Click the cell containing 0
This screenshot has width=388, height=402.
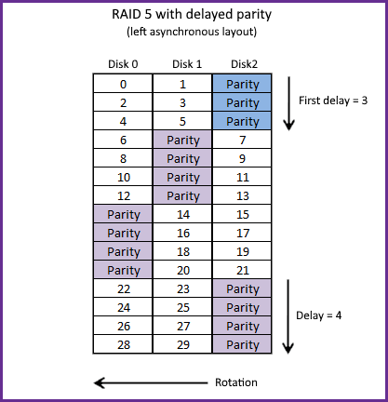pos(123,84)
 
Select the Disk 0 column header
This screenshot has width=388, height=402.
pos(123,64)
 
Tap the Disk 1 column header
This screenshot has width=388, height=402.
pos(187,64)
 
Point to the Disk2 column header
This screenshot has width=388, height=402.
pos(244,64)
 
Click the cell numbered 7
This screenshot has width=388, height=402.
pos(242,140)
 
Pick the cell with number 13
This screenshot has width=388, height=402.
pos(242,195)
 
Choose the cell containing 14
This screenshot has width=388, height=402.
pos(182,214)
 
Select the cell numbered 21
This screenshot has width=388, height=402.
pos(242,270)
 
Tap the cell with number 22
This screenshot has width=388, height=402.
pos(123,288)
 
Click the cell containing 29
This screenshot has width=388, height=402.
pos(182,344)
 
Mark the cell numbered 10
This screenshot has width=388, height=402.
pos(123,177)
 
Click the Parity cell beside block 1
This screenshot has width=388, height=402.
pos(242,84)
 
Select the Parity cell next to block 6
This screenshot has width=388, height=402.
pos(182,140)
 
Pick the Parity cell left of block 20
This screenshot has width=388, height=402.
pos(123,270)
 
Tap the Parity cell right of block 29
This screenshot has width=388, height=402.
pos(242,344)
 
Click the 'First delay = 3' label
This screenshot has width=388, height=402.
pos(333,100)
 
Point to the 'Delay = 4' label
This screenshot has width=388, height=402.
pos(319,315)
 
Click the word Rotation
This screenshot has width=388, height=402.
pos(236,382)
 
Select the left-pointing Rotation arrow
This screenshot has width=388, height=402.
pos(151,382)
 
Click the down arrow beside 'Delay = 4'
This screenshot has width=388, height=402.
pos(288,316)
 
